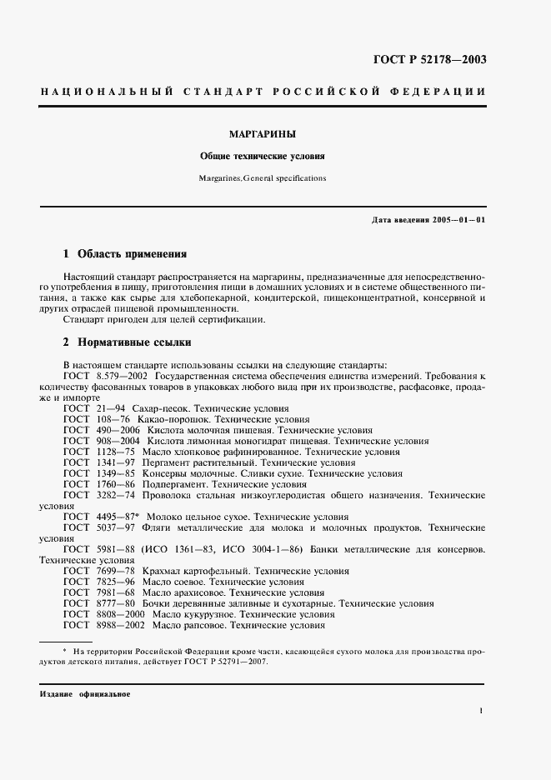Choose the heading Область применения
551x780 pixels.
coord(132,253)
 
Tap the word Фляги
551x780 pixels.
coord(155,527)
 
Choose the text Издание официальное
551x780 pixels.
coord(85,694)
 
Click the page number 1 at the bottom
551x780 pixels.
coord(482,711)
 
